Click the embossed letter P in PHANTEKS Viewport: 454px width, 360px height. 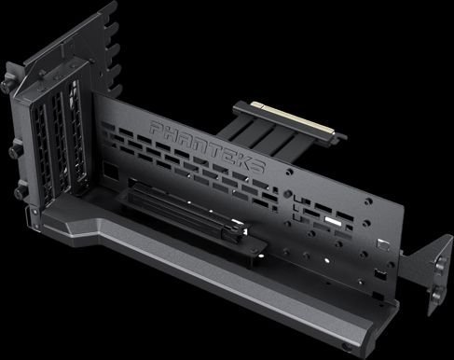click(158, 128)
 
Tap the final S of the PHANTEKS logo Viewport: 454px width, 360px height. click(256, 165)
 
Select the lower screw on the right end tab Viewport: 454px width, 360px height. click(436, 294)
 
